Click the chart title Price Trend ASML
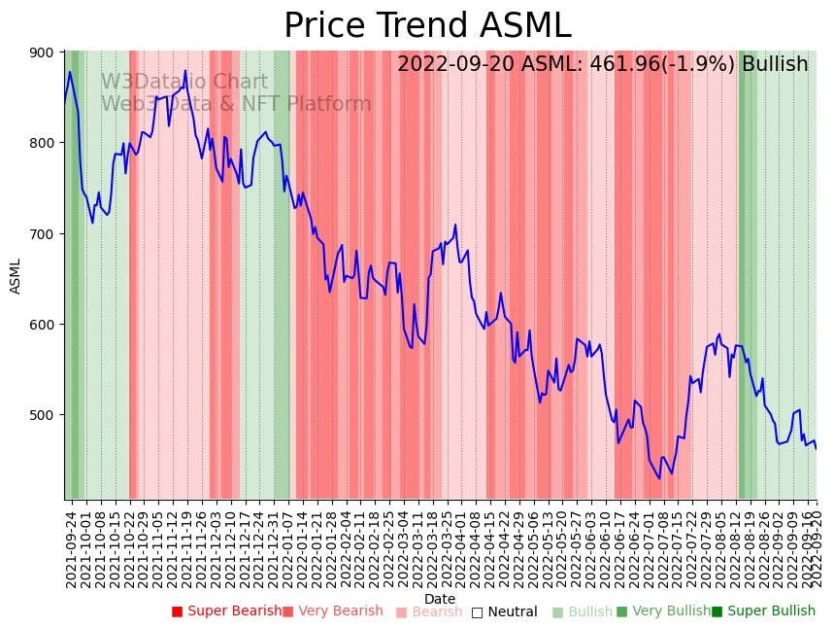click(x=427, y=26)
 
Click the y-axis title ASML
click(x=16, y=276)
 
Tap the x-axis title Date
click(x=440, y=599)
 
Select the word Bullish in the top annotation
click(x=775, y=65)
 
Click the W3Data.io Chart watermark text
click(x=184, y=83)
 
